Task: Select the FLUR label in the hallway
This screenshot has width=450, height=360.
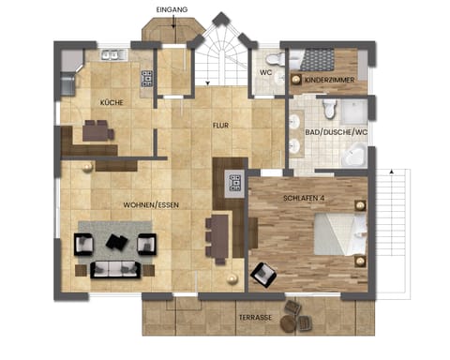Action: coord(220,123)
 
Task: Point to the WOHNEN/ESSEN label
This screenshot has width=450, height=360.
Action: coord(151,203)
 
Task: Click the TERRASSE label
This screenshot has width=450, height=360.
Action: coord(255,318)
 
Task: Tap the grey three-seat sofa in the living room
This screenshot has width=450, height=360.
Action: coord(114,270)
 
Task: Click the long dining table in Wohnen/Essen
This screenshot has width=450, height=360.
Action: coord(217,239)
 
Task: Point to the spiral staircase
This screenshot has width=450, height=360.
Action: coord(221,56)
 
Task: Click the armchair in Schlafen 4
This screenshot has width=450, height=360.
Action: coord(264,274)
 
